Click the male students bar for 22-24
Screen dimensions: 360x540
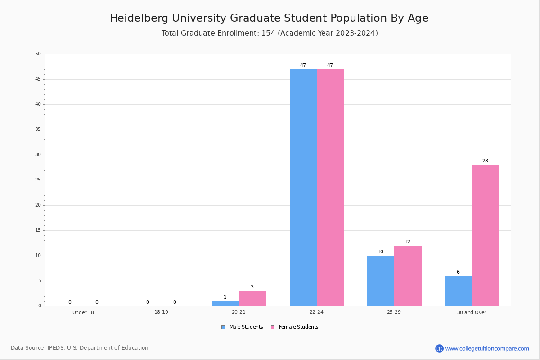pyautogui.click(x=303, y=188)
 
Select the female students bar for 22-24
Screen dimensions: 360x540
pyautogui.click(x=330, y=188)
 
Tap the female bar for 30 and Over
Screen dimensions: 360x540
pyautogui.click(x=486, y=235)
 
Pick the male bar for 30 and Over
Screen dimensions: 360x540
pyautogui.click(x=459, y=291)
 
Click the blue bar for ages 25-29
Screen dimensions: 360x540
pyautogui.click(x=381, y=281)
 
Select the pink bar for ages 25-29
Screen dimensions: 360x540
pyautogui.click(x=408, y=276)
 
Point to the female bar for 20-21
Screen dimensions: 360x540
pyautogui.click(x=252, y=298)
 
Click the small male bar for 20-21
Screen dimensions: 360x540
pyautogui.click(x=225, y=304)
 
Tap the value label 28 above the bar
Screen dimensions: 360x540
pyautogui.click(x=485, y=161)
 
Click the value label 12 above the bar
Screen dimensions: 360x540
pyautogui.click(x=407, y=242)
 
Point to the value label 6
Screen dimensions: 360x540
pyautogui.click(x=458, y=272)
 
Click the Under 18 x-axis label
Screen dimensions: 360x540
pyautogui.click(x=83, y=313)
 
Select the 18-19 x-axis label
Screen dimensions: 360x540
pyautogui.click(x=161, y=313)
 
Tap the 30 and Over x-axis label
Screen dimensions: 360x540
pyautogui.click(x=472, y=313)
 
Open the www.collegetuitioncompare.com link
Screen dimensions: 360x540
pyautogui.click(x=487, y=348)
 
